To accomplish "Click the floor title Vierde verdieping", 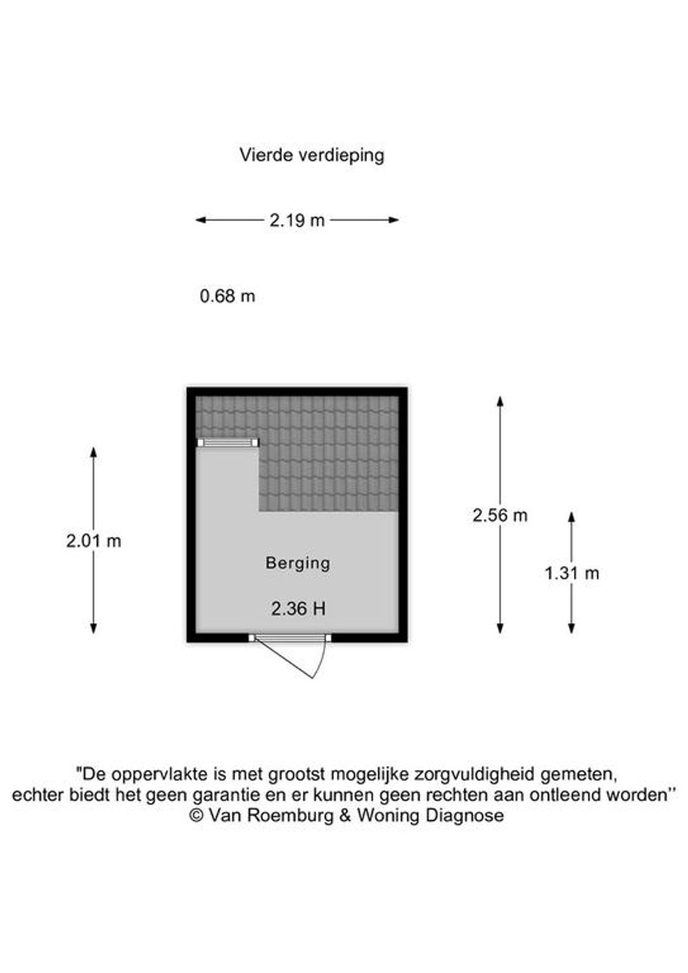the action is point(312,155).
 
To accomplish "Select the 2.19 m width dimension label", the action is point(297,221).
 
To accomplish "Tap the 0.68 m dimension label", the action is point(227,296).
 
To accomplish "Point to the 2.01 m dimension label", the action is point(94,541).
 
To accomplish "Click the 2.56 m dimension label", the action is point(500,516).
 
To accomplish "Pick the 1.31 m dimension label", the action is point(571,574).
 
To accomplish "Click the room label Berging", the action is point(297,563).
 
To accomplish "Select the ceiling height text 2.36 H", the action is point(298,609).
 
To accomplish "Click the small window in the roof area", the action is point(227,443).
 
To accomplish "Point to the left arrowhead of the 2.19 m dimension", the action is point(201,220).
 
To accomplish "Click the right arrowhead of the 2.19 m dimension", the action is point(394,220).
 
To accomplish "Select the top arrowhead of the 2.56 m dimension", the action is point(500,401).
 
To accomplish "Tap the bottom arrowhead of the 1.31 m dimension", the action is point(571,629).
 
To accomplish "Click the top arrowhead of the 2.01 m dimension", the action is point(94,452).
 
